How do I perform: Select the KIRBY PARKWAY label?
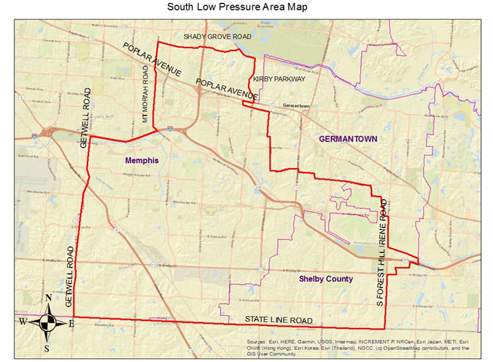click(x=279, y=78)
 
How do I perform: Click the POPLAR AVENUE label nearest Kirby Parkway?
click(x=226, y=90)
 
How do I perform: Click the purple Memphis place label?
click(x=141, y=161)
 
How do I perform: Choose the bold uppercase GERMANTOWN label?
click(x=348, y=140)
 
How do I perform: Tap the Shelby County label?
click(x=326, y=279)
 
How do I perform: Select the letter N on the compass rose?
click(x=49, y=298)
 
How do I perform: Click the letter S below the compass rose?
click(x=47, y=348)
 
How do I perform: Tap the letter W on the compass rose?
click(x=23, y=323)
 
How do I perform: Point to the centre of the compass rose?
click(x=47, y=323)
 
